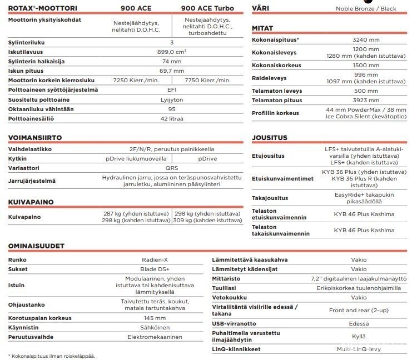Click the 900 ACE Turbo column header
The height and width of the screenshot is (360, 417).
(207, 8)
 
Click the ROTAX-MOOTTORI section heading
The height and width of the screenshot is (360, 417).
(43, 8)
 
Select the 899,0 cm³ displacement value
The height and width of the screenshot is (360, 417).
(172, 52)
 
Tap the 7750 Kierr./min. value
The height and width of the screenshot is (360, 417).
(207, 81)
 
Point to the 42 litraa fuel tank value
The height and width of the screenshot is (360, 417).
(172, 118)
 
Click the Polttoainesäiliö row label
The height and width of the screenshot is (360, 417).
(33, 118)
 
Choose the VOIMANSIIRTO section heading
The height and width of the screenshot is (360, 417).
(43, 137)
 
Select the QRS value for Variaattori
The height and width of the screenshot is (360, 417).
(172, 167)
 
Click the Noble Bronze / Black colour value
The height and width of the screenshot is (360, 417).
(366, 8)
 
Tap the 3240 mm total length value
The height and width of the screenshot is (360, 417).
(366, 40)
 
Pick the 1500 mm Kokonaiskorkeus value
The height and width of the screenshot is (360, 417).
(366, 65)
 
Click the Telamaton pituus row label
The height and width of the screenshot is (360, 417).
(277, 101)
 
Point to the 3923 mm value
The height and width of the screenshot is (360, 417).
(366, 101)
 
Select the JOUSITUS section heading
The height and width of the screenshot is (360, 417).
(270, 137)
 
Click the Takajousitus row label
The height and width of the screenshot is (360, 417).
(270, 198)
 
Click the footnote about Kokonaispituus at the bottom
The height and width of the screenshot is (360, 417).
(51, 356)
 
